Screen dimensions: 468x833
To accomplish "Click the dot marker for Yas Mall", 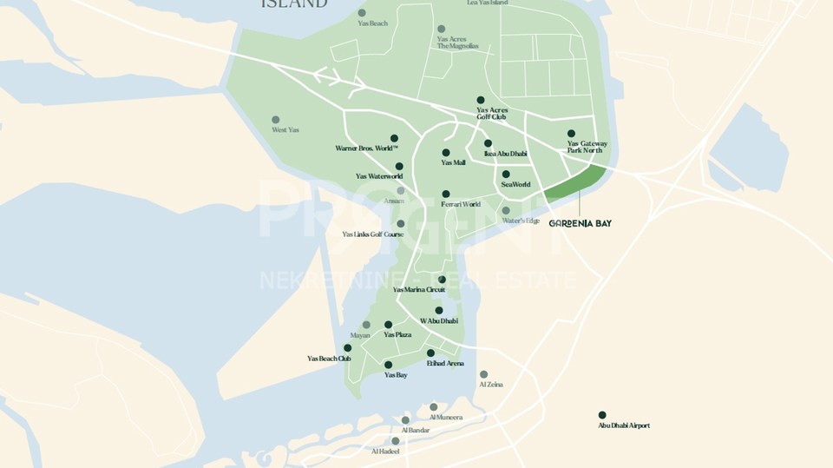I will click(446, 153).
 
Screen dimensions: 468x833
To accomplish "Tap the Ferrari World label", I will click(460, 205).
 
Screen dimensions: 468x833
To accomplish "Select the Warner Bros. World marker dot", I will click(394, 138).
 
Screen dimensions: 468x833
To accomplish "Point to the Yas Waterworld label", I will click(379, 176).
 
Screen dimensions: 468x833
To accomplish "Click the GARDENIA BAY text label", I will click(580, 223).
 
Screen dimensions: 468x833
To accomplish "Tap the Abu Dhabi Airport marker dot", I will click(602, 415).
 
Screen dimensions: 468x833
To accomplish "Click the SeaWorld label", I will click(515, 184).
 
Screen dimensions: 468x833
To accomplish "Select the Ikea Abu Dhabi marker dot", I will click(488, 143).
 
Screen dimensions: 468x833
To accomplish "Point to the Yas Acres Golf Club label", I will click(492, 114).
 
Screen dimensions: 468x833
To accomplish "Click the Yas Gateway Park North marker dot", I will click(571, 134).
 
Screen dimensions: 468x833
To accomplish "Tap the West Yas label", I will click(285, 130).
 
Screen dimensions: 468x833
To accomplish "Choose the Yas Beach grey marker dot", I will click(362, 13).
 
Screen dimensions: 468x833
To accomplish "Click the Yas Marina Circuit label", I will click(419, 290).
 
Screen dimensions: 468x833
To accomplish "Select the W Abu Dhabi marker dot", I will click(439, 310).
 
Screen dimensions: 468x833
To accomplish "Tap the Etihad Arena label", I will click(445, 364).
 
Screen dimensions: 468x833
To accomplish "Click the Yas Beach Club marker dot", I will click(348, 347).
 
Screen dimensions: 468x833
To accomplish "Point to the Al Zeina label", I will click(491, 385).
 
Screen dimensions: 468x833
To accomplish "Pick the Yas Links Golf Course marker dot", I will click(400, 223).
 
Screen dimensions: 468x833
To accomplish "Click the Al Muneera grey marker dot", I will click(433, 406).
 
